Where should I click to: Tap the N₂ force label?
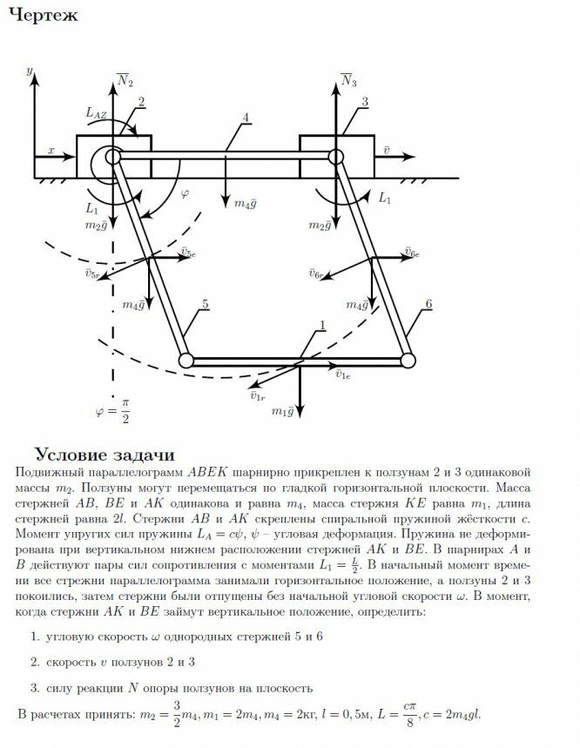point(125,80)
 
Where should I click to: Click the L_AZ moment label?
point(98,112)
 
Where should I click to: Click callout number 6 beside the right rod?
point(429,304)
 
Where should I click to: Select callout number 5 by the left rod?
point(205,304)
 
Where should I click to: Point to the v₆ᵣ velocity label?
point(316,273)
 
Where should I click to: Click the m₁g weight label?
point(282,411)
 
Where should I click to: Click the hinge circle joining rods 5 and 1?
point(185,360)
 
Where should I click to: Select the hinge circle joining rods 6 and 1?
point(407,360)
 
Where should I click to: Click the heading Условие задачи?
point(105,455)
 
